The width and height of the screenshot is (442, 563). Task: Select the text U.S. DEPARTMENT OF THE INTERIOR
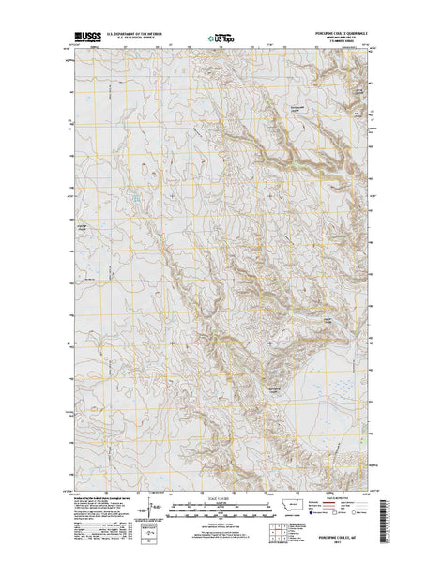pyautogui.click(x=135, y=33)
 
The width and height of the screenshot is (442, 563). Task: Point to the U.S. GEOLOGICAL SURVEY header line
pyautogui.click(x=135, y=38)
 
